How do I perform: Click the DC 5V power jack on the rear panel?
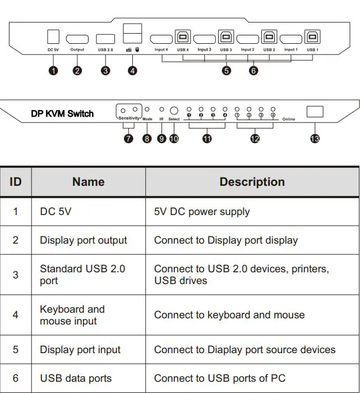pos(53,37)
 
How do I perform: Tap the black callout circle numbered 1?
pos(53,71)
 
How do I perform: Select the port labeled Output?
pos(77,39)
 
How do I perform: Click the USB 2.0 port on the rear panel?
pos(105,39)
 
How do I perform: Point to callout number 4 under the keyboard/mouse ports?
pos(132,71)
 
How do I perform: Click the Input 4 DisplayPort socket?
pos(161,39)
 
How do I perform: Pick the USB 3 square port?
pos(225,38)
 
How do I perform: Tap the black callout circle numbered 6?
pos(253,71)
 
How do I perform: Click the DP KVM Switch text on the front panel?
pos(62,113)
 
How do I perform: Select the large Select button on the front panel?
pos(174,111)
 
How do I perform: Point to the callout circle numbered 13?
pos(315,138)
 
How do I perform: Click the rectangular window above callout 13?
pos(315,112)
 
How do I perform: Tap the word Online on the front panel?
pos(289,120)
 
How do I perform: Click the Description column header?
pos(252,182)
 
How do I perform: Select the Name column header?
pos(88,182)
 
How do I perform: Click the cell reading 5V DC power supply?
pos(202,212)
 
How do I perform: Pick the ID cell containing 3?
pos(16,275)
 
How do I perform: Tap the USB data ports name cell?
pos(76,378)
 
